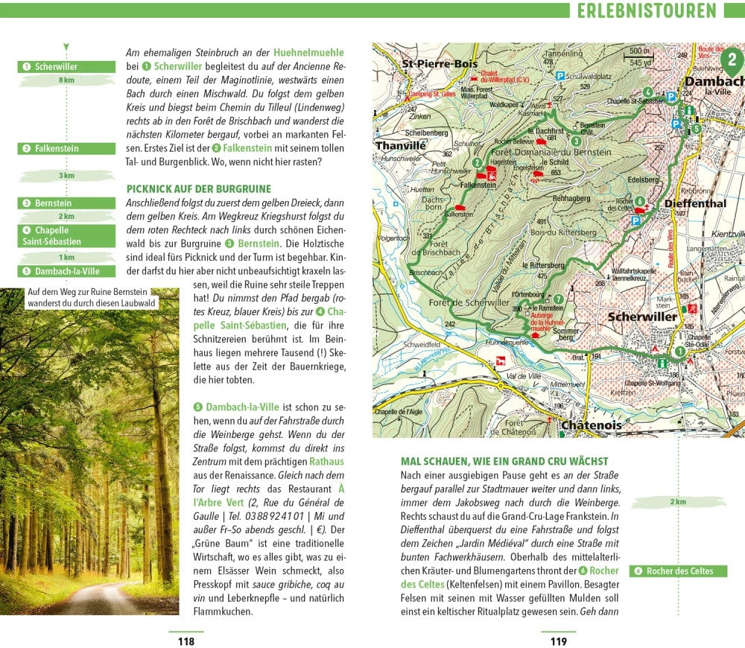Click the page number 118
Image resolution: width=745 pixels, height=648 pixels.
pos(186,641)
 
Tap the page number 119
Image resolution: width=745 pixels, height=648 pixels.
pos(559,641)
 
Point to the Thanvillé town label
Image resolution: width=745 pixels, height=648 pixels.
pos(400,146)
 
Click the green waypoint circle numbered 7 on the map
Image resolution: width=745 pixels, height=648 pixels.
pos(559,299)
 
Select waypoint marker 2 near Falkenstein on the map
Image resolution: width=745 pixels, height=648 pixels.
pos(477,162)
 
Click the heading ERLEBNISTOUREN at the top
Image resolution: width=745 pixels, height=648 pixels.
pos(647,10)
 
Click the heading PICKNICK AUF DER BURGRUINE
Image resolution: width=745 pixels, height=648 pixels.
pos(199,189)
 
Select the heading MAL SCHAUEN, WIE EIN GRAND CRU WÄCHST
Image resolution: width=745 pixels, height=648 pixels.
pos(504,462)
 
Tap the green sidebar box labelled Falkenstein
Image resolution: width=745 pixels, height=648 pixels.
pos(66,148)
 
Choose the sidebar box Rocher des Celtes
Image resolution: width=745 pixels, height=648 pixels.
pos(679,571)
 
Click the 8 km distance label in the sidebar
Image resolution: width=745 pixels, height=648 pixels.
pos(66,80)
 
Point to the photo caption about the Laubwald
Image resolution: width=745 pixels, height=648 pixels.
pos(91,298)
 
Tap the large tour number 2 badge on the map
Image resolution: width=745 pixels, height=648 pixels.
pos(732,59)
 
